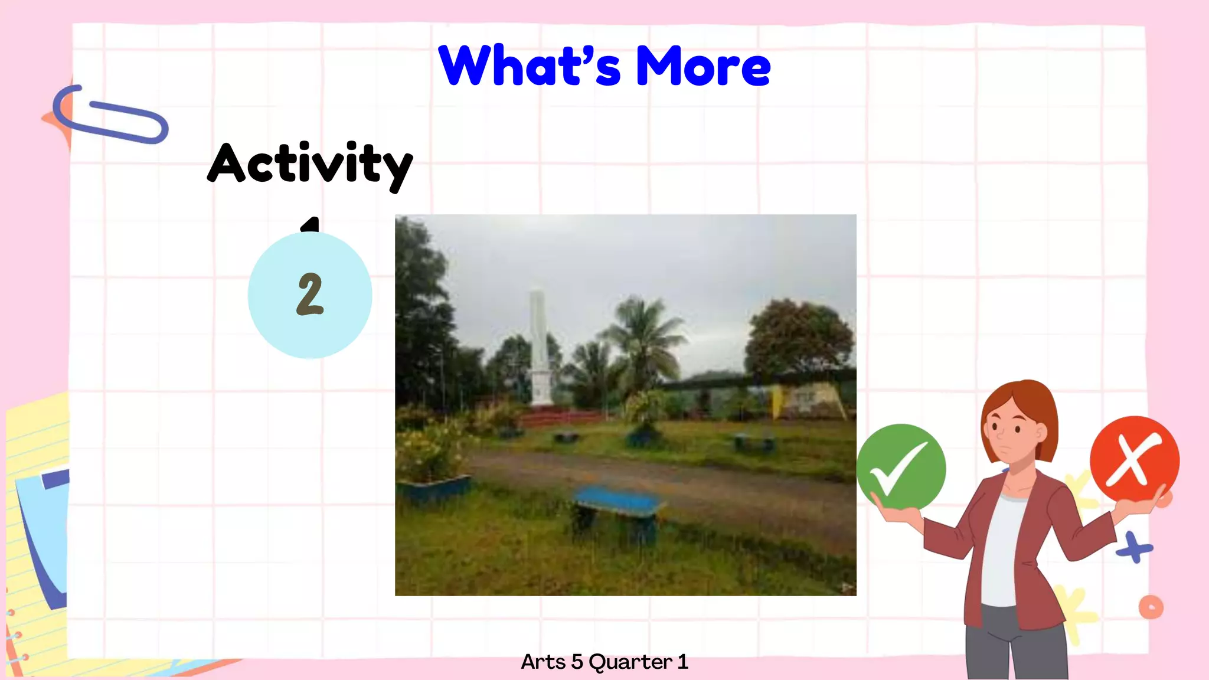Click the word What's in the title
(529, 66)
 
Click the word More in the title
(702, 67)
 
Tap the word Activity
(310, 164)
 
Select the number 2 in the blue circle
(310, 294)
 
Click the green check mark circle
(901, 466)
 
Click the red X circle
(1134, 459)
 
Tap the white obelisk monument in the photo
(538, 348)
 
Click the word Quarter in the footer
(630, 662)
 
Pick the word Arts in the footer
(543, 662)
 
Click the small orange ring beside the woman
(1151, 607)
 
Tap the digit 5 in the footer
(577, 662)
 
